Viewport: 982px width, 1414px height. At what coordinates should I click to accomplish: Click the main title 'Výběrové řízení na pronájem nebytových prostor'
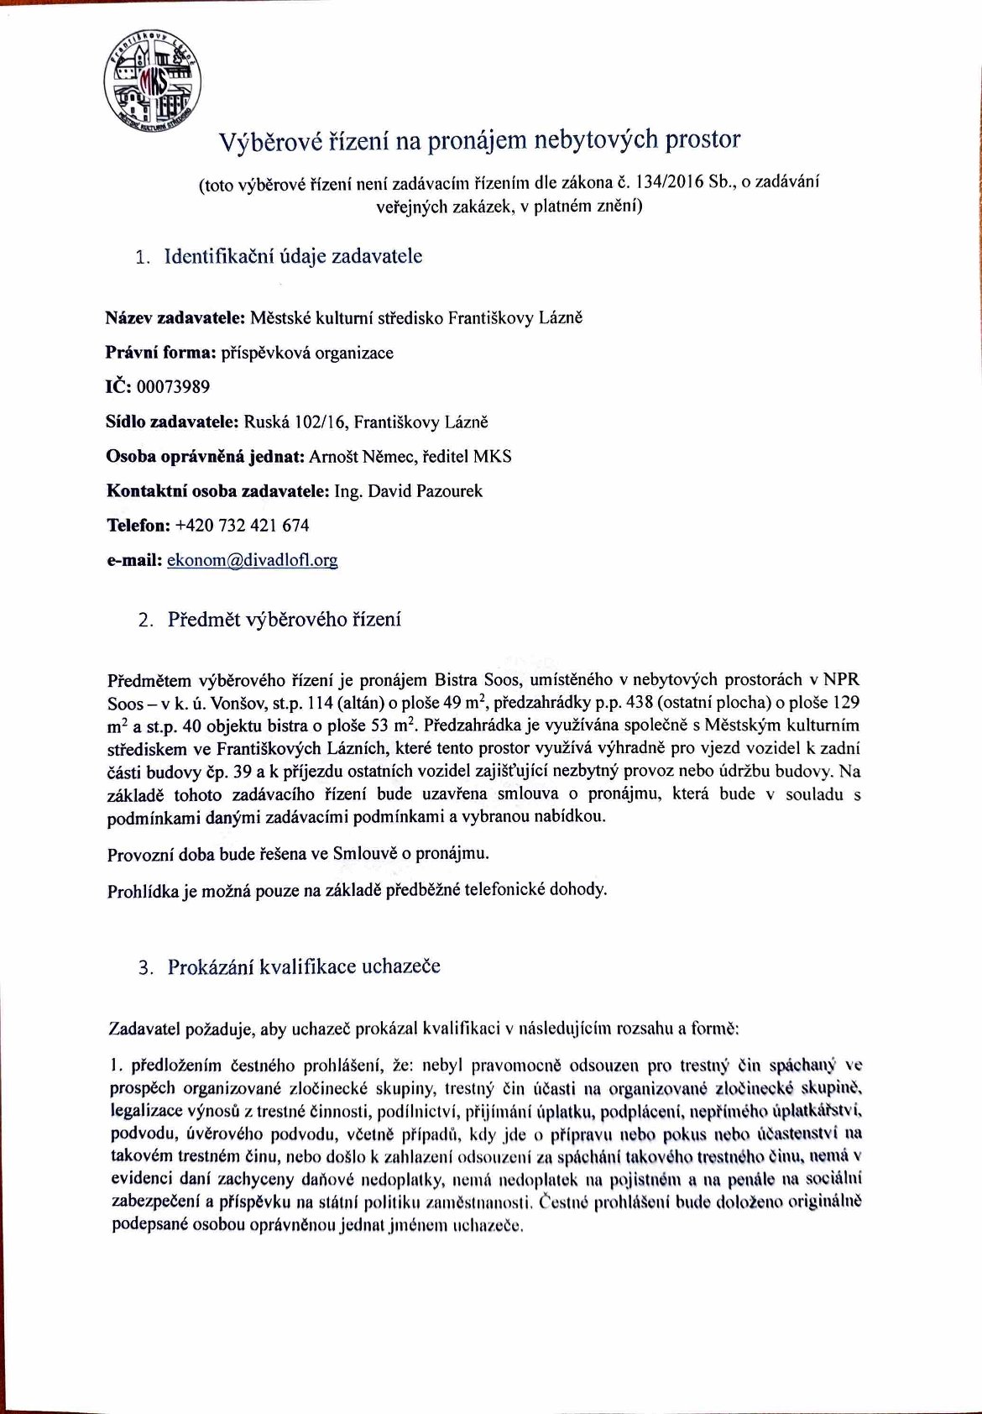pos(479,140)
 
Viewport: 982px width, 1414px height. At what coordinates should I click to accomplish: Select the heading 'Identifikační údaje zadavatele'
pos(294,256)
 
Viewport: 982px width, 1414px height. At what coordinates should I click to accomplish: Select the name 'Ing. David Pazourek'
pos(409,491)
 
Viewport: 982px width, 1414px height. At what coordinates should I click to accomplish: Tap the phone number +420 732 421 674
pos(243,526)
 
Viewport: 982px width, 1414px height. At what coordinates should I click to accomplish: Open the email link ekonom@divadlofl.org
pos(252,560)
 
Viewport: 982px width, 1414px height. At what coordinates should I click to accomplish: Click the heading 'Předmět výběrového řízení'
pos(285,621)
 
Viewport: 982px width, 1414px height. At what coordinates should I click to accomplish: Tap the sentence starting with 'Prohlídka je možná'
pos(357,890)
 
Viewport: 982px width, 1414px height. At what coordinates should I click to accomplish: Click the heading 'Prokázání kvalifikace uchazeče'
pos(304,966)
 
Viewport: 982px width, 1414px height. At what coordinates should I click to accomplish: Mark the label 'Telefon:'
pos(138,526)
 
